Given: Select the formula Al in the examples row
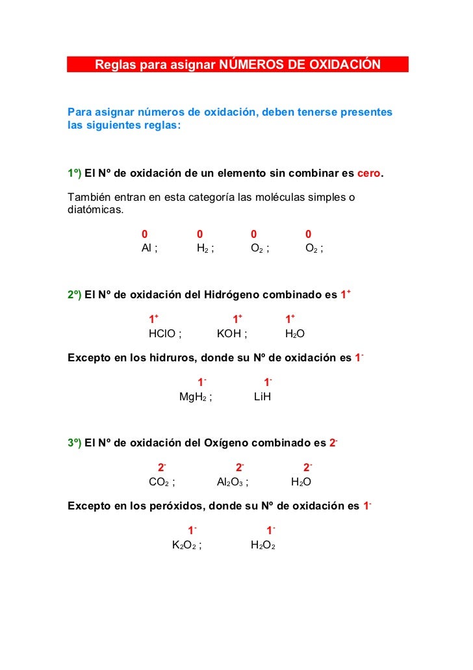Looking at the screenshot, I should pyautogui.click(x=147, y=248).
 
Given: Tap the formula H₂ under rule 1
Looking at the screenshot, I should pyautogui.click(x=202, y=248).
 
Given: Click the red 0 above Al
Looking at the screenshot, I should pyautogui.click(x=145, y=234).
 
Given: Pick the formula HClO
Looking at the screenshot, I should pyautogui.click(x=162, y=334).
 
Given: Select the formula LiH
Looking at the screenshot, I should pyautogui.click(x=262, y=396).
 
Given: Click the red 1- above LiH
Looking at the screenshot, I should pyautogui.click(x=267, y=382).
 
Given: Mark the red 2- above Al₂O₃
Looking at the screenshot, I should pyautogui.click(x=239, y=467).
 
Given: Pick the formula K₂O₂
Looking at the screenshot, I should pyautogui.click(x=184, y=545).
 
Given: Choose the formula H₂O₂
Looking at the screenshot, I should pyautogui.click(x=263, y=545).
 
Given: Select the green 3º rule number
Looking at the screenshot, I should pyautogui.click(x=74, y=444).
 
